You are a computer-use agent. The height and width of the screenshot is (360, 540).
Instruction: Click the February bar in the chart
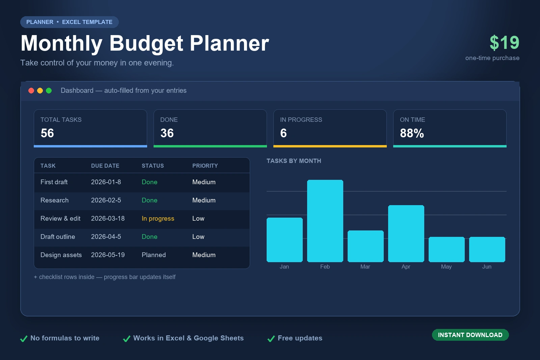[325, 221]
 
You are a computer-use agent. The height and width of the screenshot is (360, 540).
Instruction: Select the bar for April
[406, 233]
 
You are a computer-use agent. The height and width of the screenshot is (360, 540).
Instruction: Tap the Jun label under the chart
[487, 267]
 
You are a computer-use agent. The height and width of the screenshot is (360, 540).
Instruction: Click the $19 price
[504, 43]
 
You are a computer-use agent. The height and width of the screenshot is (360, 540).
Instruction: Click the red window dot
[31, 91]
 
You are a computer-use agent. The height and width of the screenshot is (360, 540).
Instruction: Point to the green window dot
[49, 91]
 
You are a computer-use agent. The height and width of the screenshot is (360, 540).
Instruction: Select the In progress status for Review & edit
[158, 219]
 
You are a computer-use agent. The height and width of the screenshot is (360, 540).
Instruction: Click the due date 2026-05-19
[108, 255]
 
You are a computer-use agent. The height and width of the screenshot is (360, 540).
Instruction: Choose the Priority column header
[205, 166]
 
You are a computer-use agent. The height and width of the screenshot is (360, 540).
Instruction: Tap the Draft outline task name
[58, 237]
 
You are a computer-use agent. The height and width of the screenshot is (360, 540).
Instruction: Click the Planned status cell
[154, 255]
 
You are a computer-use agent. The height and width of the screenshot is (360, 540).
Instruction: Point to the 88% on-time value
[412, 133]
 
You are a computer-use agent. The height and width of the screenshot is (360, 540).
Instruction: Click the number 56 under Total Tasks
[47, 133]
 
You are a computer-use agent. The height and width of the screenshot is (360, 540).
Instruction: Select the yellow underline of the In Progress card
[330, 146]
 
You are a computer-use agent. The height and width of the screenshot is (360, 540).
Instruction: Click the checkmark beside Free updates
[271, 338]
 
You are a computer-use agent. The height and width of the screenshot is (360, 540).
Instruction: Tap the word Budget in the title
[146, 44]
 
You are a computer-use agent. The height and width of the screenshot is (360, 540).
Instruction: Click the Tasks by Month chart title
[294, 161]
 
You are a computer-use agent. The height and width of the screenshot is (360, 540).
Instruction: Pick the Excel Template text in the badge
[87, 22]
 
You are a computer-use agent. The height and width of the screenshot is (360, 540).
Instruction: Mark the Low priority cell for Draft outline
[198, 237]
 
